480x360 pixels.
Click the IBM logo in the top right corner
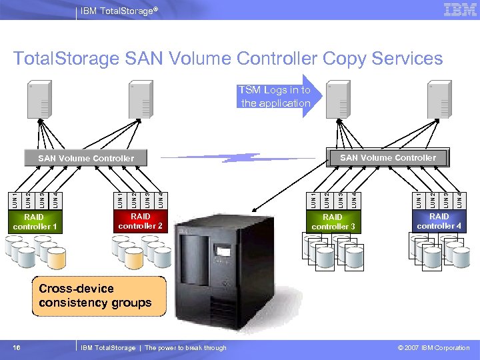click(x=460, y=9)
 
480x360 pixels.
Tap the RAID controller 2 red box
click(x=141, y=221)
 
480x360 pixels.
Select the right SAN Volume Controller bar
click(x=388, y=158)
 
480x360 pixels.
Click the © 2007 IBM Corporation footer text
click(x=433, y=347)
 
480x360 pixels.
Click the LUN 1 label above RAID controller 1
click(x=16, y=199)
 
